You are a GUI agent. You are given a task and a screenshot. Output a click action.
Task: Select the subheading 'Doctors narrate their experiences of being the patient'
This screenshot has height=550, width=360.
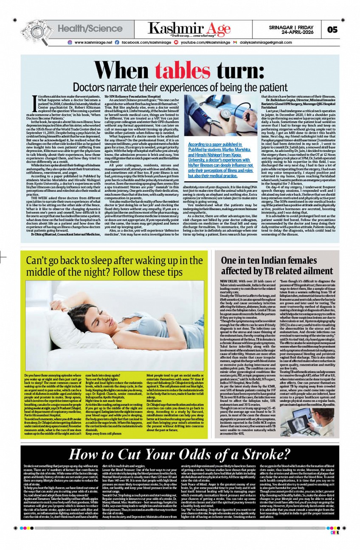(174, 87)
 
